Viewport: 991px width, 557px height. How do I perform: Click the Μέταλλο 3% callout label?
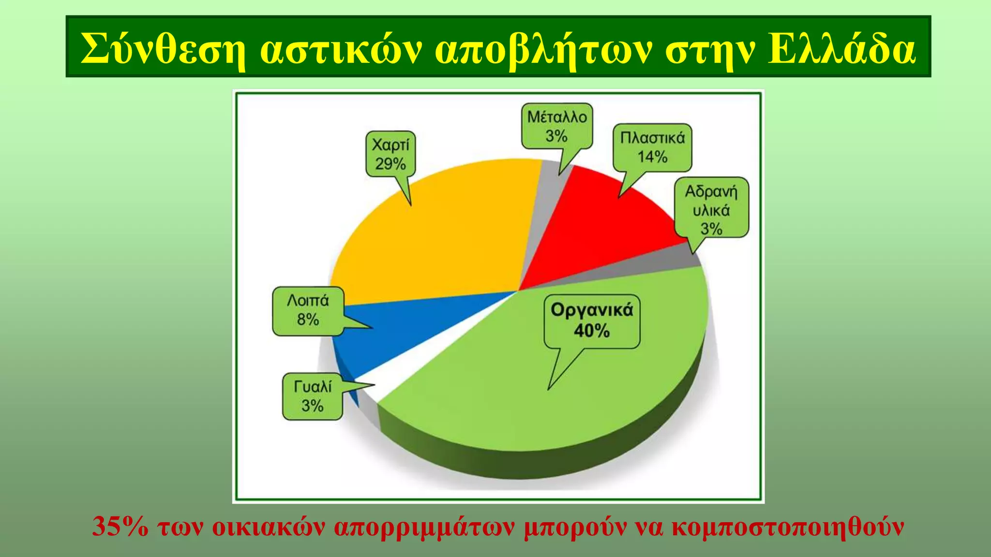[x=557, y=126]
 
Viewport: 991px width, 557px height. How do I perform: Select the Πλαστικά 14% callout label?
[x=652, y=147]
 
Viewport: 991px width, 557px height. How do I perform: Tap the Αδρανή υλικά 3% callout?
[x=711, y=208]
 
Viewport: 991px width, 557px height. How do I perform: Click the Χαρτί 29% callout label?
[x=390, y=154]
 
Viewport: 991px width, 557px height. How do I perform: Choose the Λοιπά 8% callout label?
[x=308, y=310]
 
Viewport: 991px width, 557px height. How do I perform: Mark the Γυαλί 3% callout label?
[x=313, y=396]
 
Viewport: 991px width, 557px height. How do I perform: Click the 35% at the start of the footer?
[x=120, y=527]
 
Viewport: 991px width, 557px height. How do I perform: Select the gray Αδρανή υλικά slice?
[x=668, y=261]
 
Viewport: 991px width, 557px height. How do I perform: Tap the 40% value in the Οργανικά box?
[x=592, y=331]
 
